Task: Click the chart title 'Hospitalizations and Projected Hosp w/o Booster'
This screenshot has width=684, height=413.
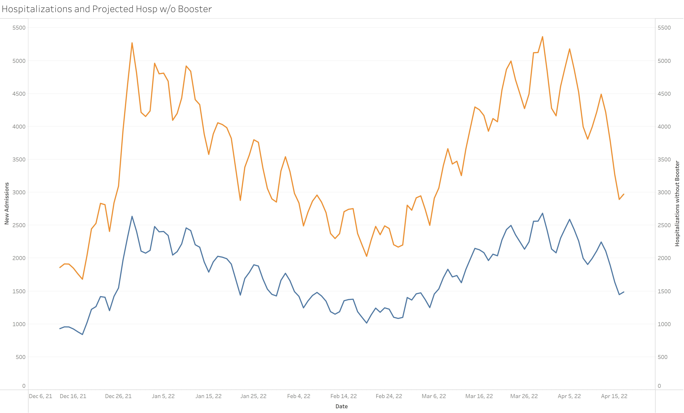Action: (107, 9)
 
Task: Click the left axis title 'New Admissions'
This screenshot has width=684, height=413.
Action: (7, 203)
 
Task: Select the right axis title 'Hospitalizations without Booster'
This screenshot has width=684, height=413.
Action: (677, 203)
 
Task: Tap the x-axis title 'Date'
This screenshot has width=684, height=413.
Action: (341, 406)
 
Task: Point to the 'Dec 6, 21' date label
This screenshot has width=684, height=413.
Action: (41, 396)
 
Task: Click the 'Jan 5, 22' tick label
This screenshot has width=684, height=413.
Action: (163, 396)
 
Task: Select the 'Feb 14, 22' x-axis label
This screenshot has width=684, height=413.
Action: (344, 396)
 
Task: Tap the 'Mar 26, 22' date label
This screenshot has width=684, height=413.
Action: (524, 396)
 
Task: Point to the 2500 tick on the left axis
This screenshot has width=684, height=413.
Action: (19, 225)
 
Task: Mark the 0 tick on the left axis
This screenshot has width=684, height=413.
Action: (24, 386)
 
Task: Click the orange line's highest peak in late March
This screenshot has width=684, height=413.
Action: (542, 37)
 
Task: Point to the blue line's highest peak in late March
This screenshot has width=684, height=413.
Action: (542, 213)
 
